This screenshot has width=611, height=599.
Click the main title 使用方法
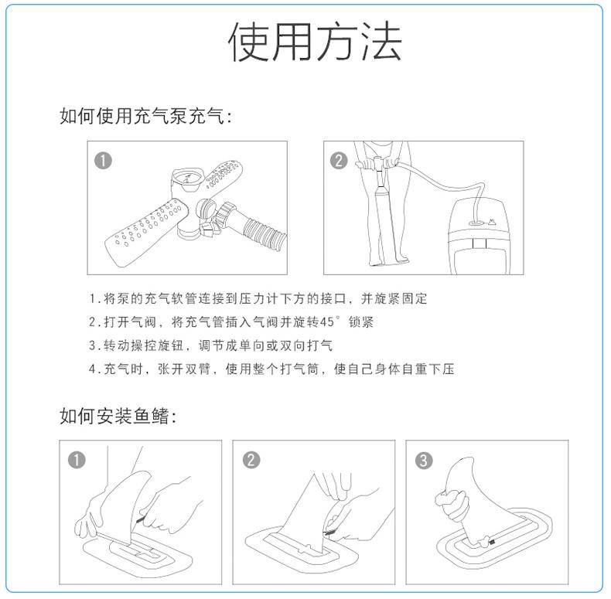click(315, 43)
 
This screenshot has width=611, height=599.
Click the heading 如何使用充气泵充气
click(145, 116)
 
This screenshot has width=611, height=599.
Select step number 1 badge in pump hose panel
click(104, 160)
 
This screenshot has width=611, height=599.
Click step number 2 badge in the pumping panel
click(339, 160)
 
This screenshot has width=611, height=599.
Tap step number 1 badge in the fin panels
click(77, 460)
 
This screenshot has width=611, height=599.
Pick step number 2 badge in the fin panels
click(251, 460)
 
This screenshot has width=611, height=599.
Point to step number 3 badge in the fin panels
click(424, 461)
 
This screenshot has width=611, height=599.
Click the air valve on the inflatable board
click(476, 220)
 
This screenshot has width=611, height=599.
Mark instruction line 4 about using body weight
click(271, 369)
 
